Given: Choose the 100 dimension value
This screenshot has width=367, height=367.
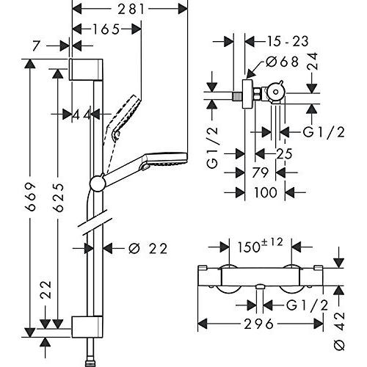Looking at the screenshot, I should click(x=264, y=192).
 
